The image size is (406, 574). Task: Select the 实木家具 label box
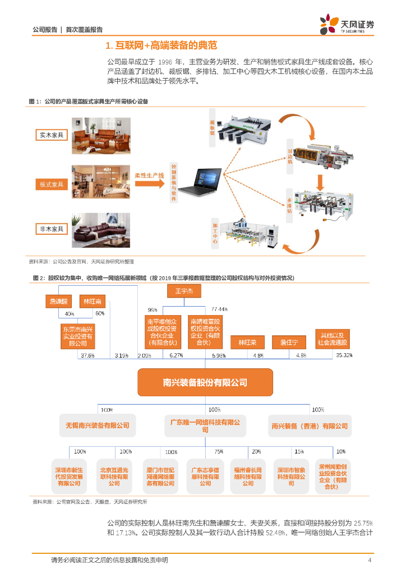52,135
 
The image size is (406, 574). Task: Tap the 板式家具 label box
52,184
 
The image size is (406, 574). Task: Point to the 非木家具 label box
52,229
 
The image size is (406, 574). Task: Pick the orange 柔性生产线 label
150,175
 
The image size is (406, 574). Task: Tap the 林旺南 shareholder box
91,301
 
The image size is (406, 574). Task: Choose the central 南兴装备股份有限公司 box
205,382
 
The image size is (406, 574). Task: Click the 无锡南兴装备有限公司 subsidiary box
97,425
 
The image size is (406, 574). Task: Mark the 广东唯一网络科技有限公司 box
205,425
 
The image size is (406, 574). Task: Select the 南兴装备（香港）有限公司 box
310,425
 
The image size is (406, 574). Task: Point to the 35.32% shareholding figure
344,355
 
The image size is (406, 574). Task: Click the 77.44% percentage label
219,309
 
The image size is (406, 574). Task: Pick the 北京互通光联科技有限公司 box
114,476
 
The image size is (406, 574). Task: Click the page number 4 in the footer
370,560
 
